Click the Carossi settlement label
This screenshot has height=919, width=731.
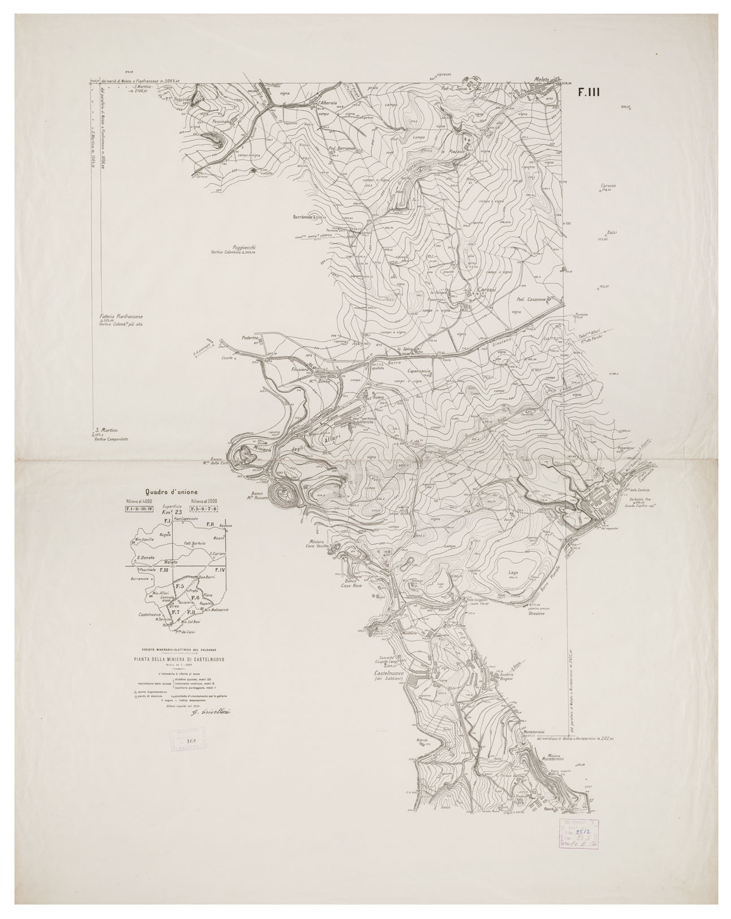[486, 290]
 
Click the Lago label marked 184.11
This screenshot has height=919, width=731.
[513, 572]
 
